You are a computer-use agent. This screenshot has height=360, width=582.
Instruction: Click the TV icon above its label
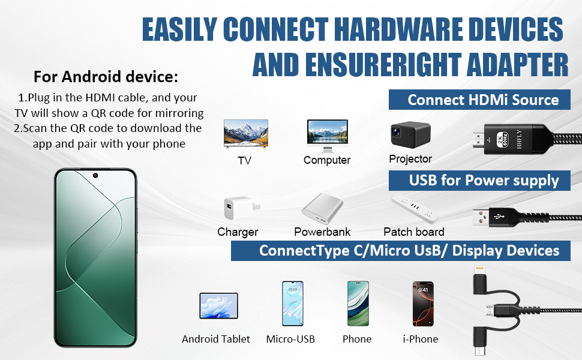tap(245, 133)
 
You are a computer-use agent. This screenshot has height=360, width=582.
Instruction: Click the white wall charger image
tap(239, 211)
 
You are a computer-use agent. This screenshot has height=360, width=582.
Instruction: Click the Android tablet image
tap(218, 305)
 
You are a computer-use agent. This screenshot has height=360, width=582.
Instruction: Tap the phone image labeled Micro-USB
tap(292, 304)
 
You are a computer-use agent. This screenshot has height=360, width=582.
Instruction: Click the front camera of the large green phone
tap(95, 176)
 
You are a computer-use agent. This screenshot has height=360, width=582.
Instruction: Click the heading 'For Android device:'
tap(106, 77)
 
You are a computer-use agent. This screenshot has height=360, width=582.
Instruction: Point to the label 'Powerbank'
tap(322, 232)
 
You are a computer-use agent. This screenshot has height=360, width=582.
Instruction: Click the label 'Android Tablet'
tap(216, 339)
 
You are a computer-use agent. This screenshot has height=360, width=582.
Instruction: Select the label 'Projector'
tap(410, 159)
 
